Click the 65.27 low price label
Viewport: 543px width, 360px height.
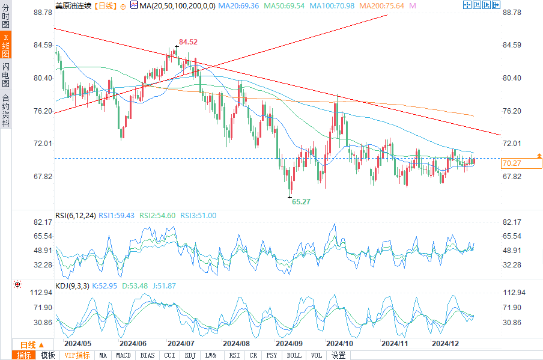(301, 202)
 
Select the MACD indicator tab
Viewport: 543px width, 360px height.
(123, 355)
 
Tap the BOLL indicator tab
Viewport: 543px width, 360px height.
(294, 355)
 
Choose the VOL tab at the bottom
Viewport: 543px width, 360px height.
(316, 355)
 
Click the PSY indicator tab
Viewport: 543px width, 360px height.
(273, 355)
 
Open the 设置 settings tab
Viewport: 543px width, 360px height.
(338, 355)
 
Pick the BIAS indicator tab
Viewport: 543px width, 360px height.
(147, 355)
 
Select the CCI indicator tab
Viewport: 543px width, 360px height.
(169, 355)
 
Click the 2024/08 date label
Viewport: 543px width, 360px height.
(236, 344)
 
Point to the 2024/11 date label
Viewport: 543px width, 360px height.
(395, 344)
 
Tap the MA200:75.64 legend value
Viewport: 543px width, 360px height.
(382, 5)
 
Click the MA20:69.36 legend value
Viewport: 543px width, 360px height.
(238, 5)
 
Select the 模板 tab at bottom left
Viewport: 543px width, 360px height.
(47, 355)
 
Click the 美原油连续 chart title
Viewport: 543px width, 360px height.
(74, 5)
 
